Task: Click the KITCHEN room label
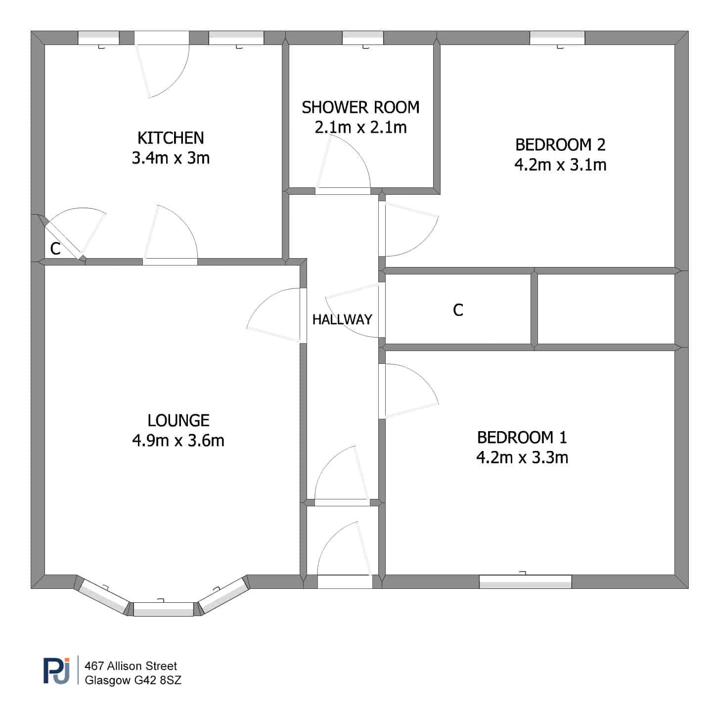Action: click(x=171, y=138)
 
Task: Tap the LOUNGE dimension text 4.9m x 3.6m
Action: click(x=178, y=441)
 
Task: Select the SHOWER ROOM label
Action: click(x=360, y=107)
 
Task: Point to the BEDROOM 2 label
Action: click(x=560, y=144)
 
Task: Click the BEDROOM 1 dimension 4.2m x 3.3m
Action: click(x=522, y=457)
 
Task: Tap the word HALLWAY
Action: click(x=342, y=319)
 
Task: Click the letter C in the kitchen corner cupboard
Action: click(x=55, y=249)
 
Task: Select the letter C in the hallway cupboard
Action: click(x=458, y=310)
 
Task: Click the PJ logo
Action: click(x=56, y=670)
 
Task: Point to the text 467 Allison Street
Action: click(x=131, y=666)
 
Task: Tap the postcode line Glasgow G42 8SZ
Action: click(x=133, y=680)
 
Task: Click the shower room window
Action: click(x=363, y=38)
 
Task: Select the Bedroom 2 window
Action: click(x=557, y=38)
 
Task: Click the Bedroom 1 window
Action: click(x=526, y=581)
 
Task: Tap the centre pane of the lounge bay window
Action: click(x=163, y=609)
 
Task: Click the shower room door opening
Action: click(x=343, y=191)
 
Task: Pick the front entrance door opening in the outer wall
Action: click(x=345, y=581)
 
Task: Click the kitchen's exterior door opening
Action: click(x=162, y=38)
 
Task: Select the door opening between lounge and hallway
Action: click(x=303, y=315)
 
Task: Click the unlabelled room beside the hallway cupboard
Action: click(x=606, y=309)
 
